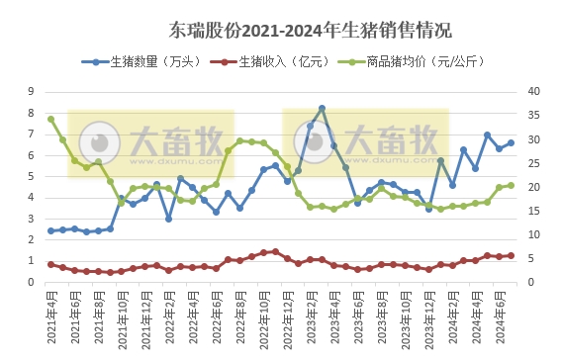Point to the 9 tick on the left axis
pos(34,91)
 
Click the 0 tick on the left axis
pos(34,283)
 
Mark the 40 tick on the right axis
pos(531,91)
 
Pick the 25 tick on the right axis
pos(531,163)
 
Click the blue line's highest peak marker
pos(322,108)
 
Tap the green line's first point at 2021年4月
pos(50,119)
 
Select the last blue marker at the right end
pos(511,142)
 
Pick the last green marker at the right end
pos(511,185)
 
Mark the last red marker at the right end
pos(511,255)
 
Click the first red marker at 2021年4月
pos(50,264)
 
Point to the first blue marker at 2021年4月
pos(50,231)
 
